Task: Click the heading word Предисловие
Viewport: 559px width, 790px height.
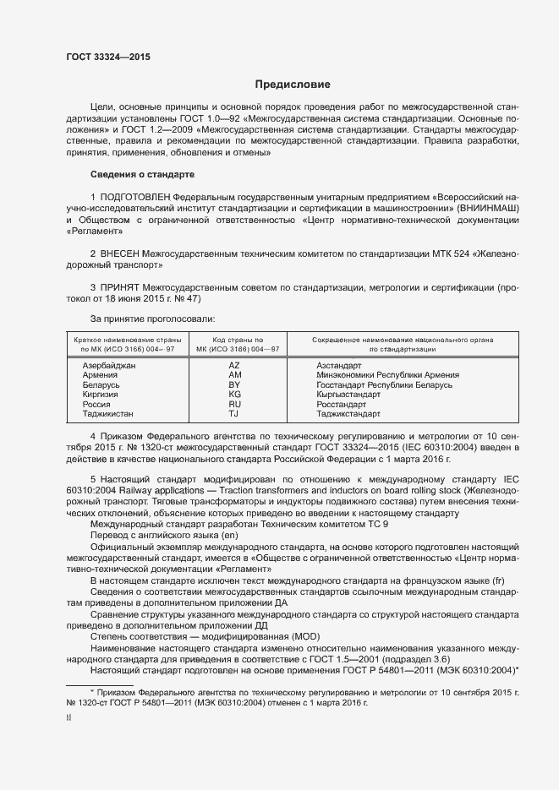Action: tap(293, 84)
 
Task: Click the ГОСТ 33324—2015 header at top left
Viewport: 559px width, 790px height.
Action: tap(108, 56)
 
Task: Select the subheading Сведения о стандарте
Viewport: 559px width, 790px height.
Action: tap(142, 173)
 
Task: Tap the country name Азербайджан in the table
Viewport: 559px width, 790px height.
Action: tap(108, 365)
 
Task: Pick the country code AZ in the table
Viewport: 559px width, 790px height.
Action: tap(235, 365)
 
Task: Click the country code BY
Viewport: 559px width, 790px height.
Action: tap(235, 384)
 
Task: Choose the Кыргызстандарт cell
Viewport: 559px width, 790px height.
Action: tap(348, 394)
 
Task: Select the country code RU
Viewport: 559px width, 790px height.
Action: tap(235, 404)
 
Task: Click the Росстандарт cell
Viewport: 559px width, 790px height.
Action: tap(343, 404)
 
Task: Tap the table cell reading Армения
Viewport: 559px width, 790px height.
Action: tap(100, 374)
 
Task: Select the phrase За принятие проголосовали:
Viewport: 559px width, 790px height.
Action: tap(152, 319)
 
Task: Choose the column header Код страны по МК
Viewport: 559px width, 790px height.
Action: tap(231, 343)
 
